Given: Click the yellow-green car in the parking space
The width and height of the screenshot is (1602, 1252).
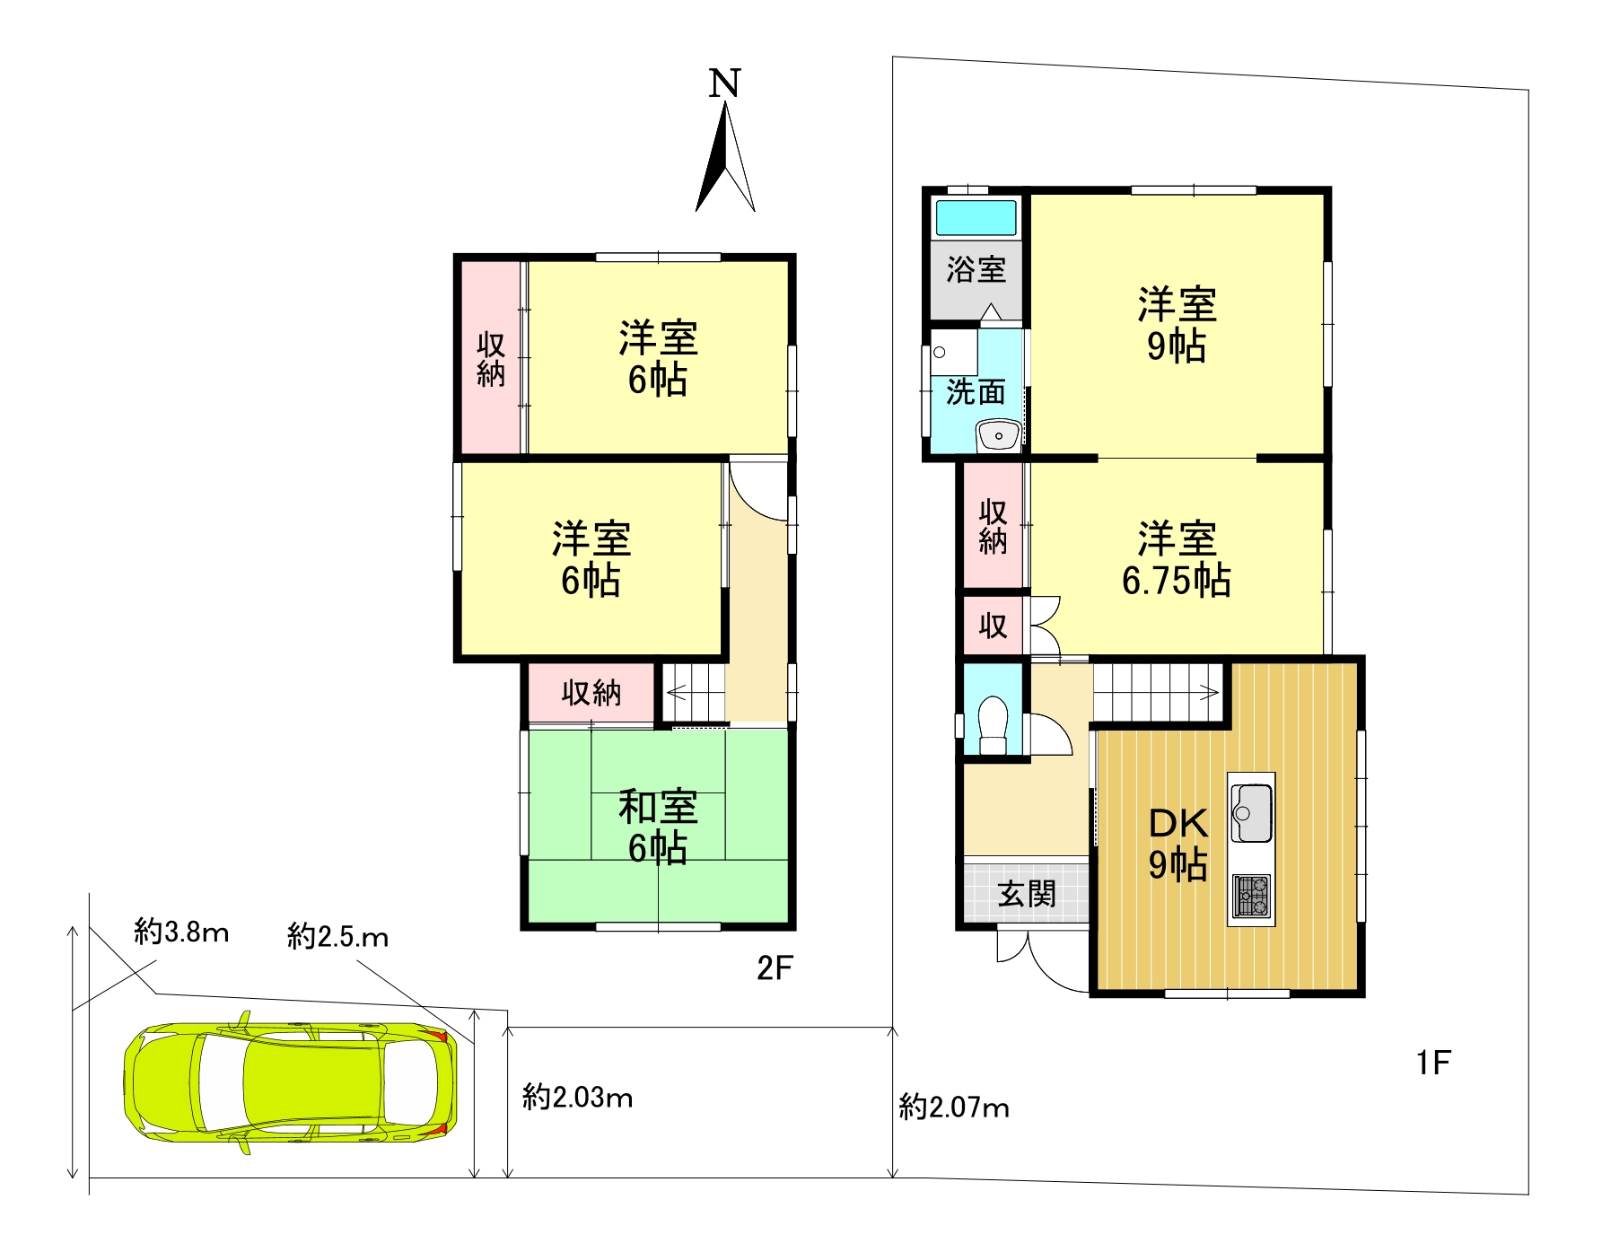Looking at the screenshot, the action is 290,1082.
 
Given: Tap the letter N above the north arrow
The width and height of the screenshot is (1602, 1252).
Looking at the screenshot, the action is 724,83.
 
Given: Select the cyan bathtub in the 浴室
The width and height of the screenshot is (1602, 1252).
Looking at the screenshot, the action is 976,218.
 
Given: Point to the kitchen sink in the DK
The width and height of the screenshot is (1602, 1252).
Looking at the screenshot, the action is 1251,812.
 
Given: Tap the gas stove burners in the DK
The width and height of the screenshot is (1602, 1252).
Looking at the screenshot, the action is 1251,896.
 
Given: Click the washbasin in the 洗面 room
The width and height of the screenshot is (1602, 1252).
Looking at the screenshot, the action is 998,435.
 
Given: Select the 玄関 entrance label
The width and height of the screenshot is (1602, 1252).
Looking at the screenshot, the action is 1027,894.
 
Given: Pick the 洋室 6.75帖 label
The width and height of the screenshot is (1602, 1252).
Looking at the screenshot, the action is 1177,559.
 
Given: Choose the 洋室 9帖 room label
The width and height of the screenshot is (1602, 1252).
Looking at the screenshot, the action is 1177,325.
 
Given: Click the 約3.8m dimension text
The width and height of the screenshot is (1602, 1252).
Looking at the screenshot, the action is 181,932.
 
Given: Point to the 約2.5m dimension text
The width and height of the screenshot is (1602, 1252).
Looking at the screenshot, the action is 337,937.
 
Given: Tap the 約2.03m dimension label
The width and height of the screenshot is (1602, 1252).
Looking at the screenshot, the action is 577,1097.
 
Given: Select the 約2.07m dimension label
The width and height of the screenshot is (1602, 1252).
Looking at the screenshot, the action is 954,1107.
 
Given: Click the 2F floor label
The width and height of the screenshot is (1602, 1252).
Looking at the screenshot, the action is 775,967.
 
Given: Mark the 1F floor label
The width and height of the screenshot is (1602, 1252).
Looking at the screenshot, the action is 1433,1063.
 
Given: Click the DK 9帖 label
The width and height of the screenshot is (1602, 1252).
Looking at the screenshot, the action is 1178,844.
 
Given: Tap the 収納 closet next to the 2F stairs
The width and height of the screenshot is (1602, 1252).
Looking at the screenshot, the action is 591,692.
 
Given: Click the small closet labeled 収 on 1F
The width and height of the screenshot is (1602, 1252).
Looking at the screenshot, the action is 993,626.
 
